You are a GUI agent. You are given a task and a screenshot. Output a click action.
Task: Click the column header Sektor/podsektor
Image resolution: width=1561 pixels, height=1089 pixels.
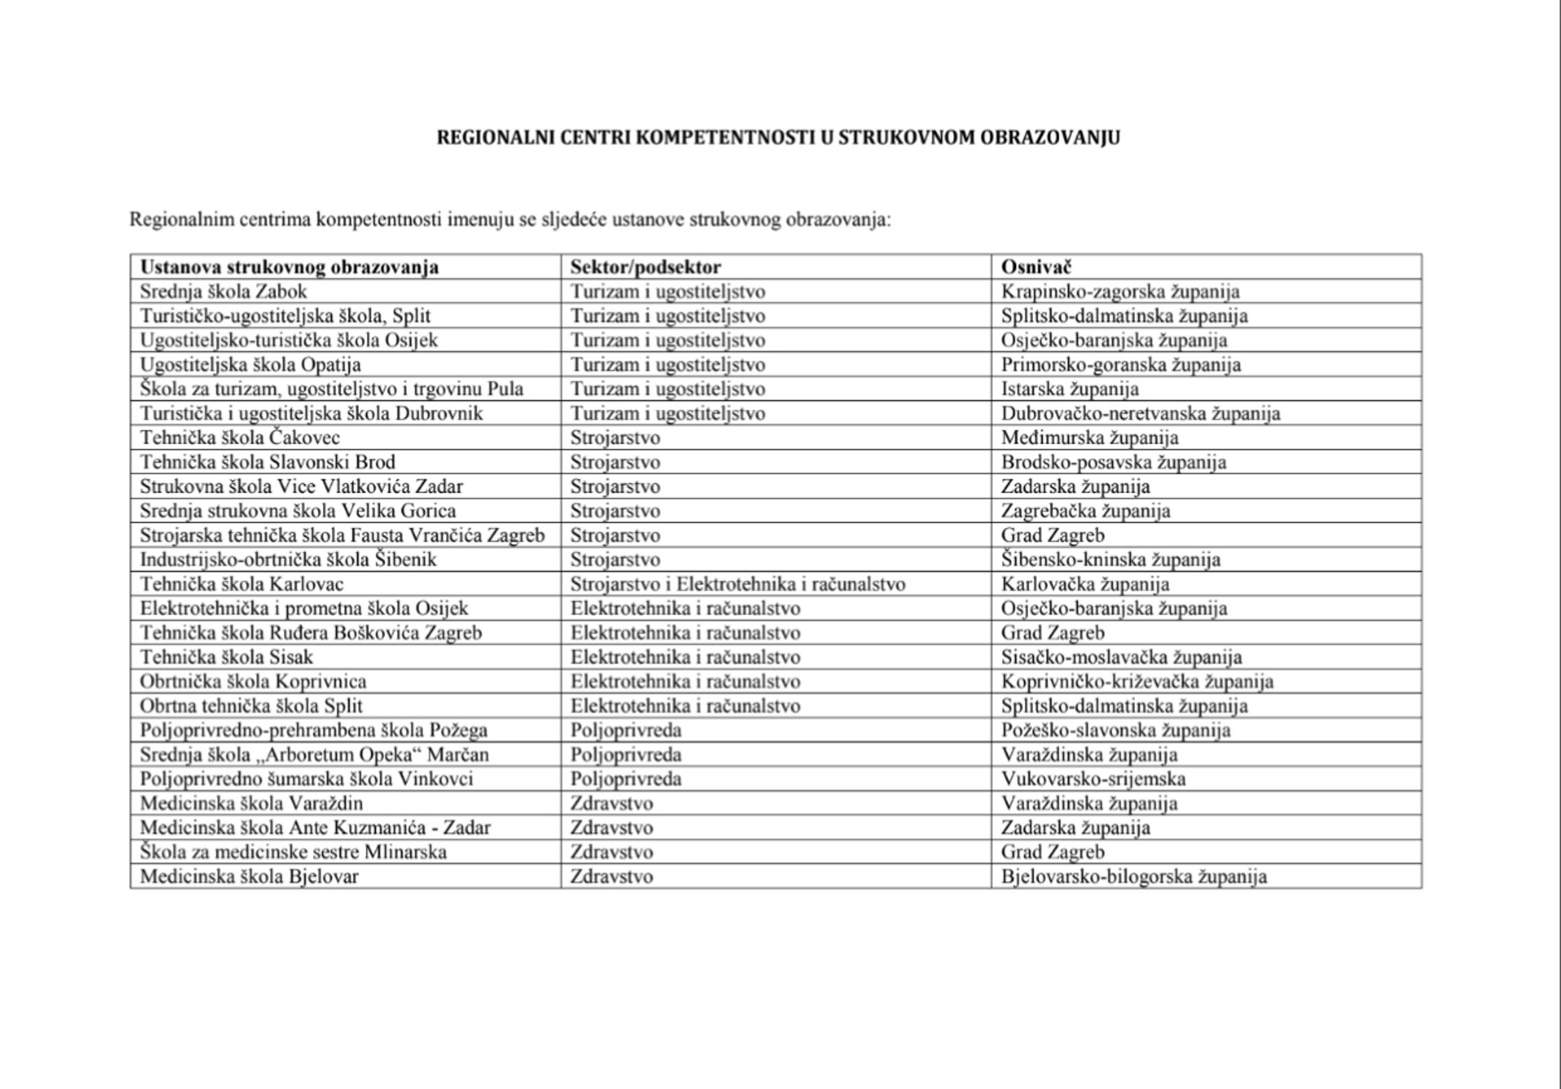(646, 267)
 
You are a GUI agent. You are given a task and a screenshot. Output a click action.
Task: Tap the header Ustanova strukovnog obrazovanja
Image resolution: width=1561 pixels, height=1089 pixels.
(290, 267)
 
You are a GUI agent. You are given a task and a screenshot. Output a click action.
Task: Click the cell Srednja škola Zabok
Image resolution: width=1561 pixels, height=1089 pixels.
(224, 291)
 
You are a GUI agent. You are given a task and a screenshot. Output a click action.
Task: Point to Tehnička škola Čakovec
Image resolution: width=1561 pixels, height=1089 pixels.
(240, 438)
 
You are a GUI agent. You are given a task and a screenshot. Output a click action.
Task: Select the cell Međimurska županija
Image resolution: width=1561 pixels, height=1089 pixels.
(1090, 438)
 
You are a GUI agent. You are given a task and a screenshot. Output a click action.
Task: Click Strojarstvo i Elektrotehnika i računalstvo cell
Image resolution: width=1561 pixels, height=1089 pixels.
(738, 584)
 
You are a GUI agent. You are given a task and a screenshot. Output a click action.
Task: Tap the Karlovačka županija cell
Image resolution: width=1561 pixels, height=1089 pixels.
(1085, 584)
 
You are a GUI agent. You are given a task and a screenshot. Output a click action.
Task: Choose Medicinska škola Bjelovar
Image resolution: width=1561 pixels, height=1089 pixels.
(249, 876)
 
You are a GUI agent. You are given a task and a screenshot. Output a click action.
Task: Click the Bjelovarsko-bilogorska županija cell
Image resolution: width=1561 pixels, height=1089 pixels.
(1134, 876)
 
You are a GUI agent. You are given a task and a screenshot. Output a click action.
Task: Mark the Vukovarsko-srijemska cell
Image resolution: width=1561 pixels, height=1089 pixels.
(1093, 779)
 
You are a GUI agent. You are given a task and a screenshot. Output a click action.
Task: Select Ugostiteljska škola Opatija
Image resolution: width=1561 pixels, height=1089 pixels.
(250, 365)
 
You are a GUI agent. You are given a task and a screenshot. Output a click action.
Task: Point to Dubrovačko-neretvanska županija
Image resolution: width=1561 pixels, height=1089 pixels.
(1140, 414)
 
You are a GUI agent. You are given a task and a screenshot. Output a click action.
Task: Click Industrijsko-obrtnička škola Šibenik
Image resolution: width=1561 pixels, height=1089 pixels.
(288, 560)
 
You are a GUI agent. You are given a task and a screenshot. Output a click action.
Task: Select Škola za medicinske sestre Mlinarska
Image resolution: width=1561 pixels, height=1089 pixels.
(293, 852)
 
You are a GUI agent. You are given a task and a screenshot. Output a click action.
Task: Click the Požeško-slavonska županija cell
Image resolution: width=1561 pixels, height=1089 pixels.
(1116, 730)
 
